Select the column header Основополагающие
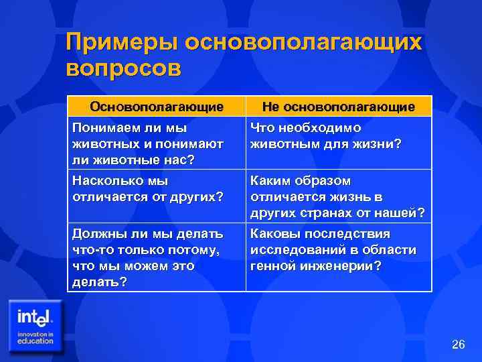coord(157,107)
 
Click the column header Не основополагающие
coord(338,107)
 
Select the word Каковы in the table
coord(274,235)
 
